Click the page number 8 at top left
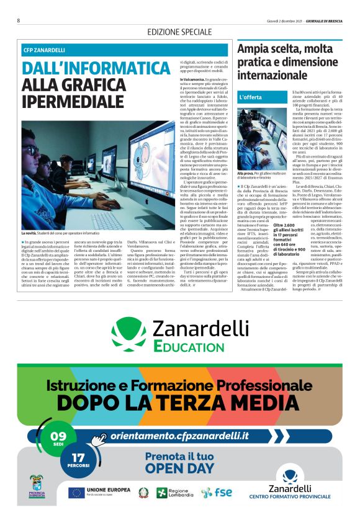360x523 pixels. pyautogui.click(x=19, y=20)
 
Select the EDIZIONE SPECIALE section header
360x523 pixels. pyautogui.click(x=179, y=32)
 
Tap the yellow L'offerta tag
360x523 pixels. pyautogui.click(x=250, y=97)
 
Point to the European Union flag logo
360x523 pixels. pyautogui.click(x=77, y=493)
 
